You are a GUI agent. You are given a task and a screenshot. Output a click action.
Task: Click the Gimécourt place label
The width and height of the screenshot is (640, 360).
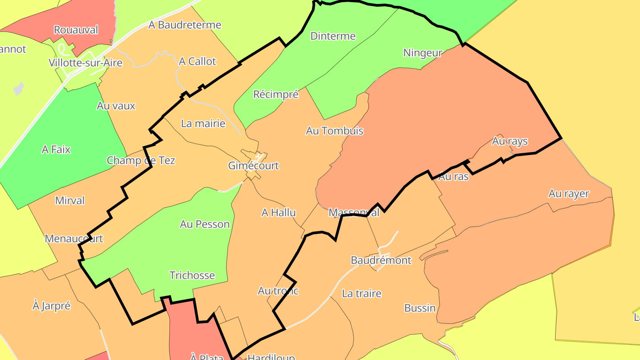pos(253,166)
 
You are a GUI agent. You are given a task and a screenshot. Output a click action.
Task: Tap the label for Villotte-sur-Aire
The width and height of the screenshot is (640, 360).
pos(85,63)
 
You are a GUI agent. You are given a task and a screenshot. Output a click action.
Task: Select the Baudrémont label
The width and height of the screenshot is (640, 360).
pos(381,260)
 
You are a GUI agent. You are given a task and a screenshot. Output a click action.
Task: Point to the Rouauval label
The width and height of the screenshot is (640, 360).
pos(76,30)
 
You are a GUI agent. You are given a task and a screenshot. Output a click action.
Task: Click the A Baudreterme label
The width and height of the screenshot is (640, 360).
pos(185,25)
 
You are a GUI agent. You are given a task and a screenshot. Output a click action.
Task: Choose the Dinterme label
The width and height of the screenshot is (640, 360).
pos(333,36)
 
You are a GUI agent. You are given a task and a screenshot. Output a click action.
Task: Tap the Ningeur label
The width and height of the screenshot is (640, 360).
pos(422,53)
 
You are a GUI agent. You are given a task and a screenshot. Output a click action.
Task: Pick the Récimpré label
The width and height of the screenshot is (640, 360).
pos(276,94)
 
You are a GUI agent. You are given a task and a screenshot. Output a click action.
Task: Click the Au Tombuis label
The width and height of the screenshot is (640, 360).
pos(335,131)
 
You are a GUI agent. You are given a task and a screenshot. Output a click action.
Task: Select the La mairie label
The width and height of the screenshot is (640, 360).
pos(203,124)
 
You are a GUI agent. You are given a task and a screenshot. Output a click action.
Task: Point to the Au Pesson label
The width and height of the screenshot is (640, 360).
pos(204,224)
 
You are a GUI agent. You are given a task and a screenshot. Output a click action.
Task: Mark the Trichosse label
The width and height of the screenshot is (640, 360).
pos(192,276)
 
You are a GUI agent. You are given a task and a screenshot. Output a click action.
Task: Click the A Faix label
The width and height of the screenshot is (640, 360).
pos(56,149)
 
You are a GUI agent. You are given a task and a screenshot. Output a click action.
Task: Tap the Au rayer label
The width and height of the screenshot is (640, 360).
pos(568,194)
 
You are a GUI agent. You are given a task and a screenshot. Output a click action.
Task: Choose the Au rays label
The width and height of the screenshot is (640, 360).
pos(509,141)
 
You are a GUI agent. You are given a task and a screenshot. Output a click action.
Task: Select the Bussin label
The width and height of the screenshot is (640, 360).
pos(420,308)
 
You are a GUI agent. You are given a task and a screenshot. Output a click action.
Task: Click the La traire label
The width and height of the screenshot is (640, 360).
pos(361,294)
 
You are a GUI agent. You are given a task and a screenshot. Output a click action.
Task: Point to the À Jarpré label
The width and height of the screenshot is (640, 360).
pos(52,306)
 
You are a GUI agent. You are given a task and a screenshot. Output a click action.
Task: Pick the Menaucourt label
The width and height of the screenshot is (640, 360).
pos(74,239)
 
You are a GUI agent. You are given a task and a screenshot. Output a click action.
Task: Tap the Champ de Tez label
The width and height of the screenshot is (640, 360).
pos(141,160)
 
